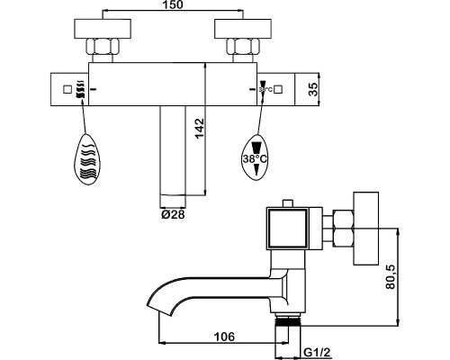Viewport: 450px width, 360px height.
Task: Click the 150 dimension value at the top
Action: (x=173, y=4)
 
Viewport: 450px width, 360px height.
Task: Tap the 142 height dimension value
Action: (x=200, y=129)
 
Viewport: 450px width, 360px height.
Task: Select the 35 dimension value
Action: (x=312, y=89)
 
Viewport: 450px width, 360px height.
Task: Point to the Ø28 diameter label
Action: (x=173, y=214)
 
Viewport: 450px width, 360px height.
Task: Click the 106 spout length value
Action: (x=224, y=337)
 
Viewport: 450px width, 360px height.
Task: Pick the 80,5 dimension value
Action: (x=391, y=277)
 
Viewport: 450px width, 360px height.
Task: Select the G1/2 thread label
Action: (x=318, y=353)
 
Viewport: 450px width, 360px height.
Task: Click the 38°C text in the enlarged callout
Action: (x=255, y=158)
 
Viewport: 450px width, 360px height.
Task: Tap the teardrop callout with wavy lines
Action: (x=86, y=159)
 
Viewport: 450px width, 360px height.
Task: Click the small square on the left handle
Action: (x=67, y=89)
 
